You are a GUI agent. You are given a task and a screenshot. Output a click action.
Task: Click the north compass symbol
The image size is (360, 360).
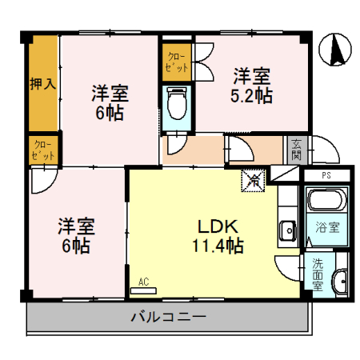click(x=334, y=50)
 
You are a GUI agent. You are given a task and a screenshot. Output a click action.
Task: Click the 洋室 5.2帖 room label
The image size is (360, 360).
click(x=252, y=86)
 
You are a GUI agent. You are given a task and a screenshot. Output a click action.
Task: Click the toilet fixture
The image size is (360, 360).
click(x=176, y=102)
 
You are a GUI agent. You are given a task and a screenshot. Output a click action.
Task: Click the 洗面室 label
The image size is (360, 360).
click(x=317, y=274)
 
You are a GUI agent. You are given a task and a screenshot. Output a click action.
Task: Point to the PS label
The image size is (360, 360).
click(x=326, y=175)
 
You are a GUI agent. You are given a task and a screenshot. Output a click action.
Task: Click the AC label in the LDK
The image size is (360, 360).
click(x=144, y=282)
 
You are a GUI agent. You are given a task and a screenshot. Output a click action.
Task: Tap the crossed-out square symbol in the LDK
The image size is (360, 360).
click(x=253, y=182)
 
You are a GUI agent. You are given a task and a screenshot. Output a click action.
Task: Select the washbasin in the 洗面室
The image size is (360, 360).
click(x=339, y=281)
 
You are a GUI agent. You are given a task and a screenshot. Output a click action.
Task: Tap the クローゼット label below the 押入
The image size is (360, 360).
click(x=42, y=150)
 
